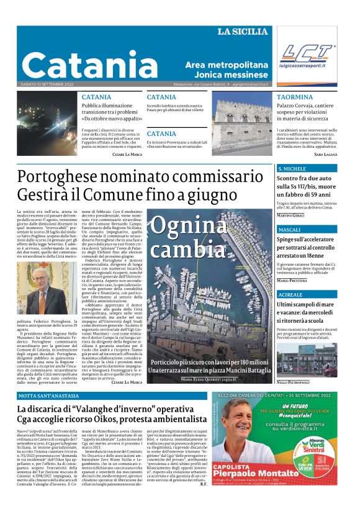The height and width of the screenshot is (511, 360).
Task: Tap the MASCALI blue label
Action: [x=290, y=230]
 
